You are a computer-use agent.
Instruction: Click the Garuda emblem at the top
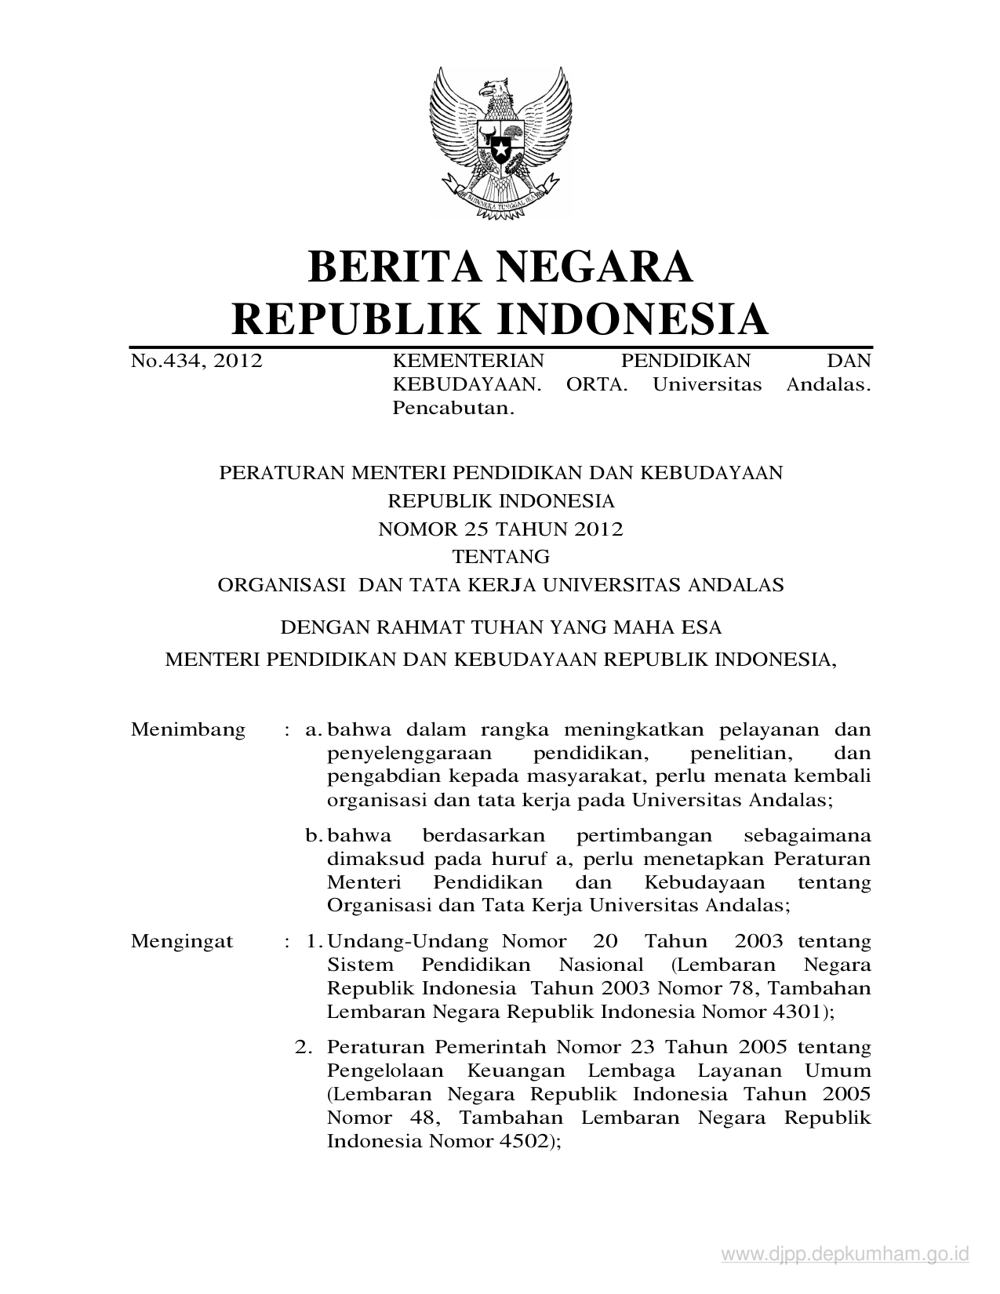[499, 141]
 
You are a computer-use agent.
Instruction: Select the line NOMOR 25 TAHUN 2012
[500, 529]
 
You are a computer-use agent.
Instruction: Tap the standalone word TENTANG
[500, 558]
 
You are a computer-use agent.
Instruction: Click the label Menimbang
[188, 730]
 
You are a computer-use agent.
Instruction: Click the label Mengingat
[182, 941]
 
